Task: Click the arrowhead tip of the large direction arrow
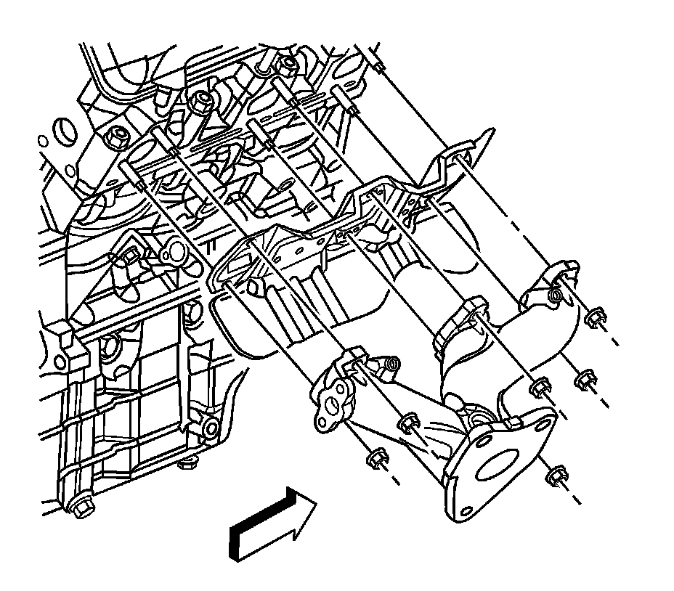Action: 317,501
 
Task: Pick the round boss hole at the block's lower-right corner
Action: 210,429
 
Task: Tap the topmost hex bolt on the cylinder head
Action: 288,63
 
